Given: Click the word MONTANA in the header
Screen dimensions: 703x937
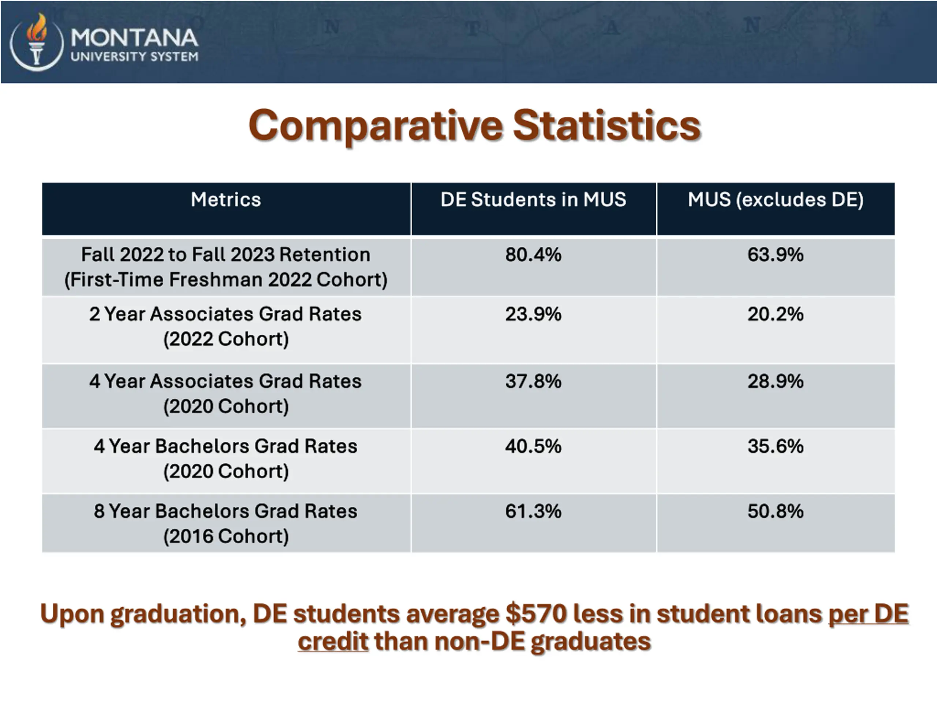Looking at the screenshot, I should point(134,38).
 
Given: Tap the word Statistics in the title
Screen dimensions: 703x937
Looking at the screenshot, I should point(606,126).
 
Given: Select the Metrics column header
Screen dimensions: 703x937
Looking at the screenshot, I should point(226,200).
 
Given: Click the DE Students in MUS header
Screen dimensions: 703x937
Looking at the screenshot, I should point(533,200).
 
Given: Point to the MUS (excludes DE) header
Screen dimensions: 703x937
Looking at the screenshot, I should point(775,200).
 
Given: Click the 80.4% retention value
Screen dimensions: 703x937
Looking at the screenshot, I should point(533,255).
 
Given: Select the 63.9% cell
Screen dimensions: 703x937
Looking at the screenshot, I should point(775,255).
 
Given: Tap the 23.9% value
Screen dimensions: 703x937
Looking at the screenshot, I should point(533,315).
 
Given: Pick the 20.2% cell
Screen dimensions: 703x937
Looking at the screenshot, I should point(775,315).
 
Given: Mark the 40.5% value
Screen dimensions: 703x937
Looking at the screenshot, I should point(533,446).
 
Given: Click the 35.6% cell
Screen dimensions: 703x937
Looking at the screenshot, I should point(775,446).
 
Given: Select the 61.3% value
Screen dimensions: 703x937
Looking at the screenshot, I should point(533,511).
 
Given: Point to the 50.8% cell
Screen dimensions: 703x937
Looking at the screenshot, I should point(775,511).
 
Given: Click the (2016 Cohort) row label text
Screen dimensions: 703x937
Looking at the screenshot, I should point(226,536).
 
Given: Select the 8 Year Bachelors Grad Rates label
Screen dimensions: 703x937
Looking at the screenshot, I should point(226,511).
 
